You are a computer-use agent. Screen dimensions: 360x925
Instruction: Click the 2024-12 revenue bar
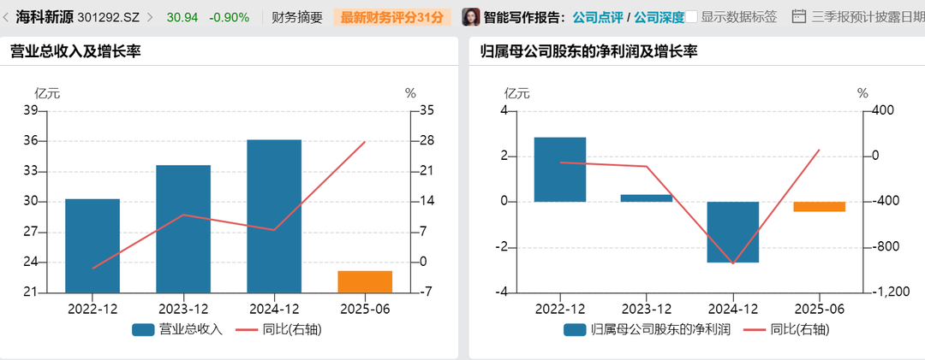[x=276, y=216]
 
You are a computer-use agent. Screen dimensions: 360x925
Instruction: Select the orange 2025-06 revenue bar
[x=365, y=281]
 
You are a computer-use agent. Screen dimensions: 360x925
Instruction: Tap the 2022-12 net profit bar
[x=560, y=169]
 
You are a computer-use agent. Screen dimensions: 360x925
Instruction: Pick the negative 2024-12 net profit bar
[x=733, y=232]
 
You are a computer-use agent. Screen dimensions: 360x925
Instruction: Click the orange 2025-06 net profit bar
[x=820, y=207]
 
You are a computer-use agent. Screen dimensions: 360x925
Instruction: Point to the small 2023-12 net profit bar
[x=647, y=198]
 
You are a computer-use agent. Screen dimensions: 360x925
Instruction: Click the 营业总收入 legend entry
[x=178, y=329]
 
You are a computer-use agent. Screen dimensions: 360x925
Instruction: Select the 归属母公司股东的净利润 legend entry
[x=647, y=329]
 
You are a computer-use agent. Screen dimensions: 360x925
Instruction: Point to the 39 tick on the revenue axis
[x=30, y=110]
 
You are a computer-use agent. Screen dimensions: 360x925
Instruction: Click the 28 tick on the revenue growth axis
[x=427, y=141]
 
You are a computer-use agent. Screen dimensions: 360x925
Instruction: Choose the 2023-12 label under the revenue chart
[x=185, y=309]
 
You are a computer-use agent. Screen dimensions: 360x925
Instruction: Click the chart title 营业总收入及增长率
[x=75, y=51]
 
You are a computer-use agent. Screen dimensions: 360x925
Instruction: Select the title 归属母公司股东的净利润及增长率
[x=588, y=51]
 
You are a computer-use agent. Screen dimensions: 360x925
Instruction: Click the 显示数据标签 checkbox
[x=692, y=16]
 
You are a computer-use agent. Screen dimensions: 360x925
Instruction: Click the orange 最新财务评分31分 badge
[x=392, y=16]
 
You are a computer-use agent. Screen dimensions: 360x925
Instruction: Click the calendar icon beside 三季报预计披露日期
[x=798, y=16]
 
